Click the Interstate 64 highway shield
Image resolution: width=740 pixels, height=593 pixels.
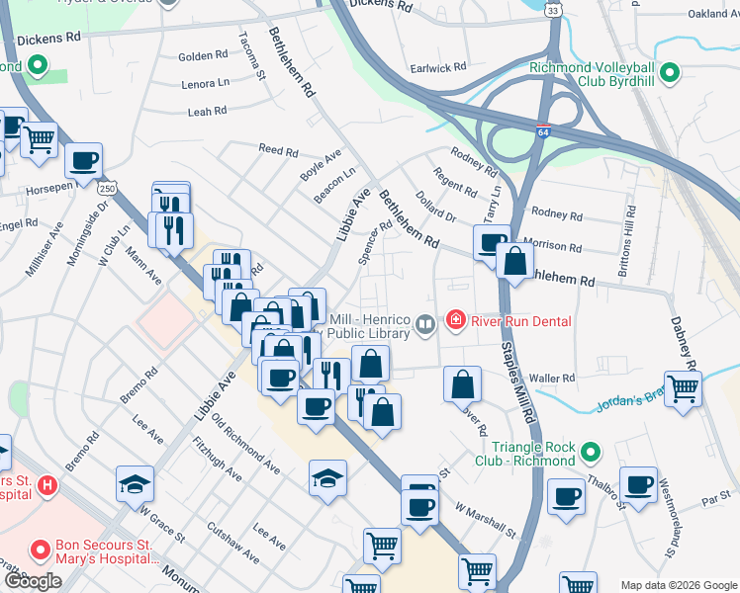pos(544,130)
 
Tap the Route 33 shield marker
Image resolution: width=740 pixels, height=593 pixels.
pos(555,10)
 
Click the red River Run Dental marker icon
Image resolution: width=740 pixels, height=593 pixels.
pos(455,321)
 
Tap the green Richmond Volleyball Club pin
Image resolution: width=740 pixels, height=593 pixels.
pos(670,73)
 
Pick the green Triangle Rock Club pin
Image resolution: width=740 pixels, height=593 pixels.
pos(591,453)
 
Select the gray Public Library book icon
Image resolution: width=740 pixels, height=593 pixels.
pos(425,323)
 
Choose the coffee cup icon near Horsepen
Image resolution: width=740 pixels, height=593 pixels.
pos(83,159)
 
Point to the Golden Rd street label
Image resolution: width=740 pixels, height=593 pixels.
pos(203,57)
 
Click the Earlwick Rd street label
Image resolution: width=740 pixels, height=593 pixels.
pos(438,68)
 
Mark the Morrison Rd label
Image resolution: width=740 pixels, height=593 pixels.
pos(553,245)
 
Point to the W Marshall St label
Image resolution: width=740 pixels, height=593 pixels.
pos(486,521)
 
